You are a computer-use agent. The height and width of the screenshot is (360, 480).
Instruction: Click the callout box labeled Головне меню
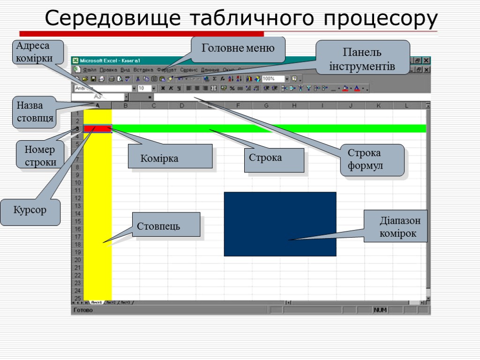coord(238,49)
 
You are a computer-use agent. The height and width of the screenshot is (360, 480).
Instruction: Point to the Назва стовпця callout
coord(35,112)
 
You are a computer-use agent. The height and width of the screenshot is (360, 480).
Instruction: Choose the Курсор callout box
coord(30,210)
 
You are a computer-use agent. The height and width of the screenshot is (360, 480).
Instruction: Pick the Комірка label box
coord(170,157)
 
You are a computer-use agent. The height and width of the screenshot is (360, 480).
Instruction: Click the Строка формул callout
coord(372,160)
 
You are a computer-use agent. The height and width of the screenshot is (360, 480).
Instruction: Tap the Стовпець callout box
coord(166,225)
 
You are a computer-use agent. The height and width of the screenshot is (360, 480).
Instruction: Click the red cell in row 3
coord(97,128)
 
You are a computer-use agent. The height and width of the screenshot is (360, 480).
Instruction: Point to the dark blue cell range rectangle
coord(280,224)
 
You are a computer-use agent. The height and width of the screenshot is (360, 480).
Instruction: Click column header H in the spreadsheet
coord(294,106)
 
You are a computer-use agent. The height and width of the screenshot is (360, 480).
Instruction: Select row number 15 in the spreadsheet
coord(78,221)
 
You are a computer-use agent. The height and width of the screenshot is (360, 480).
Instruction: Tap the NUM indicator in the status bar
coord(380,310)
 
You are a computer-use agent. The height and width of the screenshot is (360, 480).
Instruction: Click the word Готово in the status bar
coord(83,310)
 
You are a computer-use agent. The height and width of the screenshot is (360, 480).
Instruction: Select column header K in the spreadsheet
coord(379,106)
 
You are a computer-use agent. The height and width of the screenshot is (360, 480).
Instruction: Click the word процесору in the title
coord(380,19)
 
